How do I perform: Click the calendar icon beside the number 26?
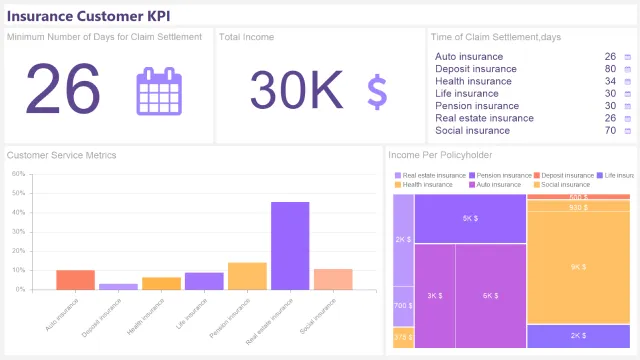[160, 91]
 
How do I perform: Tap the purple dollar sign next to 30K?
[377, 91]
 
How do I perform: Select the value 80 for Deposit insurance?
[610, 69]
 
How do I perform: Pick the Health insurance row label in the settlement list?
[473, 81]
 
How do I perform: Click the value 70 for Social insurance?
[610, 130]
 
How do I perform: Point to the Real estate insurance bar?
[290, 246]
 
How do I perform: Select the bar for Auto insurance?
[75, 280]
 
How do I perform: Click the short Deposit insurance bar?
[118, 286]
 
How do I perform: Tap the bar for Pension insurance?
[247, 276]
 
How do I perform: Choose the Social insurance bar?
[333, 279]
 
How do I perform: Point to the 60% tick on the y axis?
[18, 174]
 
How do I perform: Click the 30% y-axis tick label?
[18, 232]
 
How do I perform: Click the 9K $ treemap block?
[578, 267]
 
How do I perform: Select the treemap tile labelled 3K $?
[434, 296]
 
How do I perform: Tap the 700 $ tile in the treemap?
[402, 306]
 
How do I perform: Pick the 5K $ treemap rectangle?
[469, 218]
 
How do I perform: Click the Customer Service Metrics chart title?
[62, 155]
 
